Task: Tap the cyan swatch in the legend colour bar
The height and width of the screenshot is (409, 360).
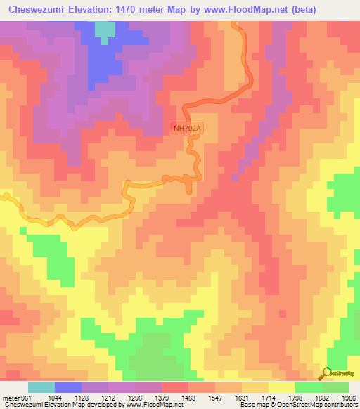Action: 41,387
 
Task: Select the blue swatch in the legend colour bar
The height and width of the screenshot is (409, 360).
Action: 67,387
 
